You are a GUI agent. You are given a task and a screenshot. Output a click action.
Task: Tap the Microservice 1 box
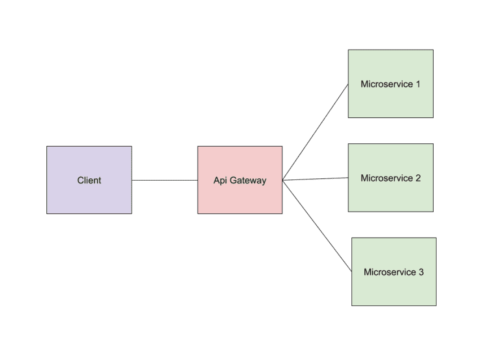(x=390, y=102)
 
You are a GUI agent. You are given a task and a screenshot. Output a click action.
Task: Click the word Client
(x=89, y=181)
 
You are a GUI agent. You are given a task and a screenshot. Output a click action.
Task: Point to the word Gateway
(x=247, y=181)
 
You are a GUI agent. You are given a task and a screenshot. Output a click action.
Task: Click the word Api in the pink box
(x=220, y=181)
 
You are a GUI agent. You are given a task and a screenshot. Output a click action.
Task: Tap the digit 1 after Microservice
(x=418, y=85)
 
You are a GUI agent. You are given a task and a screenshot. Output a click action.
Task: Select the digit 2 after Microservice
(x=418, y=178)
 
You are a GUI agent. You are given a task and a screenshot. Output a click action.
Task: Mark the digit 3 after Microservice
(x=421, y=273)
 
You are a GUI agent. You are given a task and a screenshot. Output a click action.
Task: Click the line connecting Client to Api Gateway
(x=164, y=181)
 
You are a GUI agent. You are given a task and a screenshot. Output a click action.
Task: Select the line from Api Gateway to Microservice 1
(x=315, y=132)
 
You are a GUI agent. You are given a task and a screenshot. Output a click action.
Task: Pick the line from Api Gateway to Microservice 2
(x=315, y=179)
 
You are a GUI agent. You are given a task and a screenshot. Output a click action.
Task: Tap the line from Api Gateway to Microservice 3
(x=317, y=226)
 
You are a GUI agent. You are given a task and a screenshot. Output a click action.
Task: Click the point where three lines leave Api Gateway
(x=283, y=181)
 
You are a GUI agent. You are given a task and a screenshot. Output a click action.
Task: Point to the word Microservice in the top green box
(x=386, y=85)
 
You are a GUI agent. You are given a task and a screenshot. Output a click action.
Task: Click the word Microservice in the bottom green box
(x=390, y=273)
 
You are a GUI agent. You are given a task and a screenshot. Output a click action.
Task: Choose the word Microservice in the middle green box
(x=386, y=178)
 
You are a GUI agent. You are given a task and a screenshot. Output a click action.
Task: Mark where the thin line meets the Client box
(x=132, y=181)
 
